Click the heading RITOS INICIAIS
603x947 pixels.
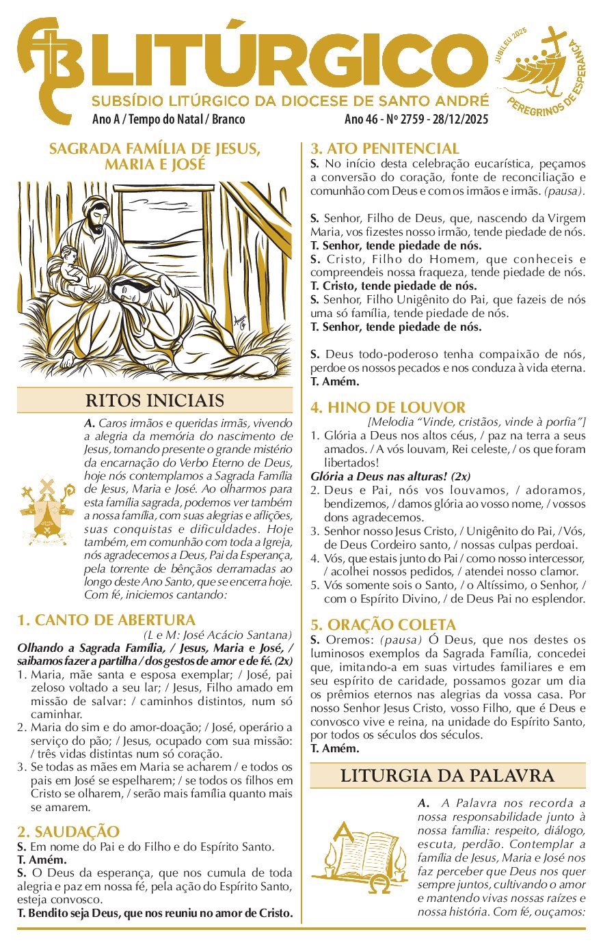click(155, 400)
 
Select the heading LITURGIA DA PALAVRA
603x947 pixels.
click(447, 776)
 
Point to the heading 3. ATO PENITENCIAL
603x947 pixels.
click(385, 148)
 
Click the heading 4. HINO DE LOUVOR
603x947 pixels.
click(388, 407)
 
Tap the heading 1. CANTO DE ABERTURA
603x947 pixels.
click(106, 620)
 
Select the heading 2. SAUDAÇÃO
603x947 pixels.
click(68, 832)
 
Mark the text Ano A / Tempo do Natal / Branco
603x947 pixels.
click(168, 120)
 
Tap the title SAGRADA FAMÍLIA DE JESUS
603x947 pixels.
click(155, 148)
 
